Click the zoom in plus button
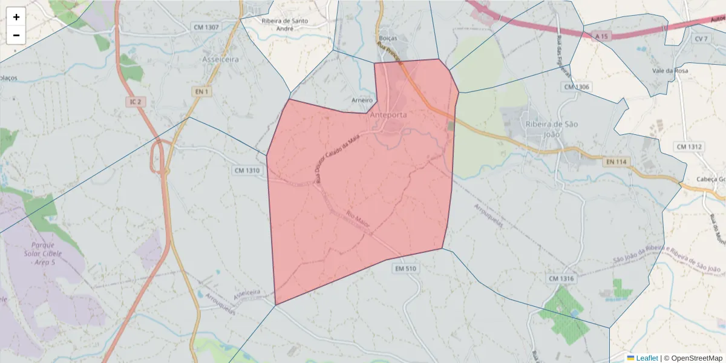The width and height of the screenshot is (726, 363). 16,17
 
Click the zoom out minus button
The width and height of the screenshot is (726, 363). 16,35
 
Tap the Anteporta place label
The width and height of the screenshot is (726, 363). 387,114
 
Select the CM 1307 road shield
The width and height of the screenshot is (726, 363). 206,27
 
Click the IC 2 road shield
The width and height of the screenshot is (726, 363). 135,102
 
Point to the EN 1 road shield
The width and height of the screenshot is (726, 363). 201,92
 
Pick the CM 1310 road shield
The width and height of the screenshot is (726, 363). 247,171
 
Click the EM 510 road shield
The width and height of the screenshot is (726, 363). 406,268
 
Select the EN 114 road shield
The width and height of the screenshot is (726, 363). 616,162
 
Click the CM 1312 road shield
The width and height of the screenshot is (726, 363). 689,146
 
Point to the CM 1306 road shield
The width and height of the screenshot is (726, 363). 576,87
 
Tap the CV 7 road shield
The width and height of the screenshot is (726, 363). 701,39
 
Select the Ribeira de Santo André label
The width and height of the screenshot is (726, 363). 285,24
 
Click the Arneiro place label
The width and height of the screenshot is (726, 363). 362,100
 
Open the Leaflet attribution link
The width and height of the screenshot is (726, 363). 647,358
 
